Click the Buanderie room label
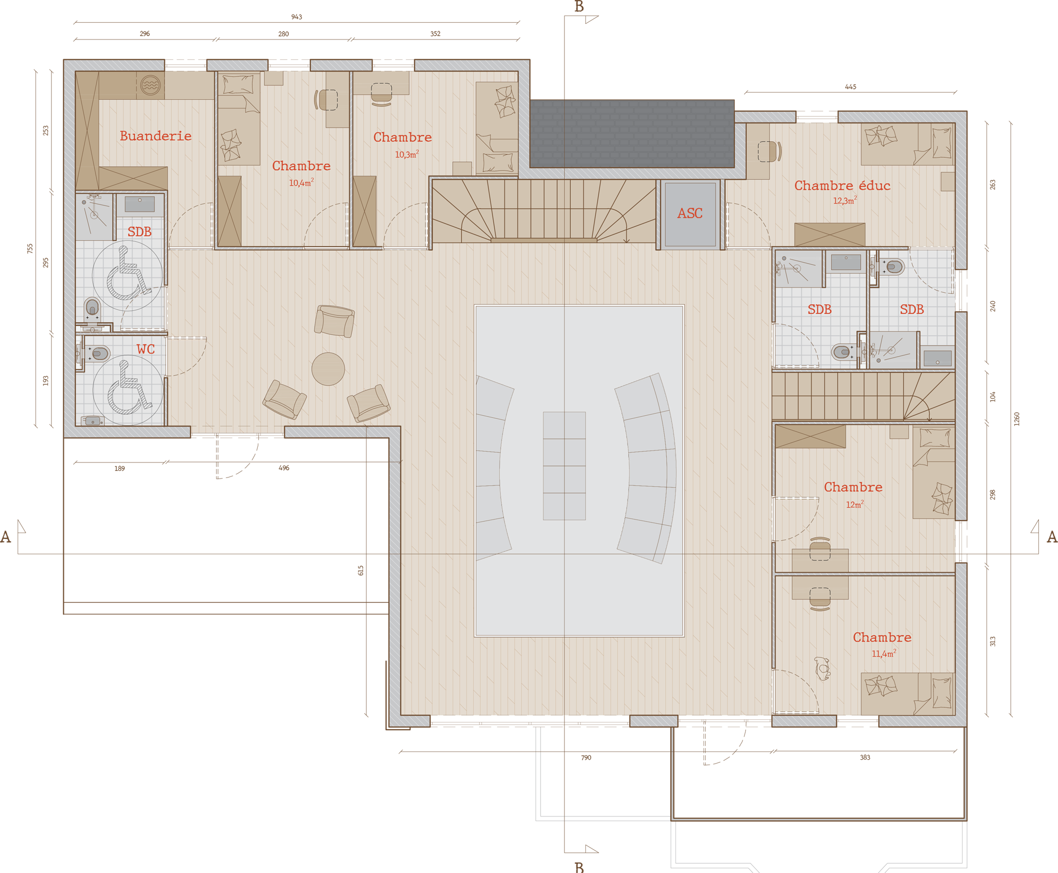[156, 136]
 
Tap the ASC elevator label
[690, 213]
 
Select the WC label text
[146, 349]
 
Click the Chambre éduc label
[842, 185]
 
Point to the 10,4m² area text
[301, 183]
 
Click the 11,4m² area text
[884, 654]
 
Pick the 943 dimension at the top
[296, 17]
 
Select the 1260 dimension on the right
[1016, 419]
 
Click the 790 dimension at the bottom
[586, 758]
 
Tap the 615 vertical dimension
[361, 570]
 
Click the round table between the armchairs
[328, 369]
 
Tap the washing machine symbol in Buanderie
[150, 85]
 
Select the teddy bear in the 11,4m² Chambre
[822, 668]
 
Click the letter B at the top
[579, 7]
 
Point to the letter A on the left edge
[6, 537]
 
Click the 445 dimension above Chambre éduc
[850, 87]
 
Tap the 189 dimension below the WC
[119, 468]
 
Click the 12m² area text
[855, 504]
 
